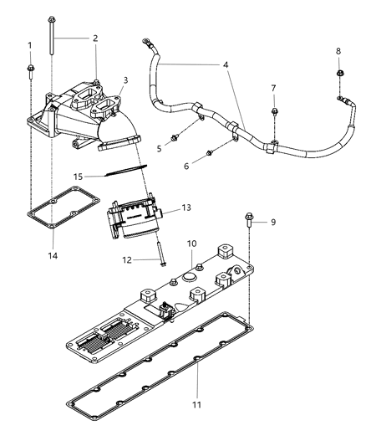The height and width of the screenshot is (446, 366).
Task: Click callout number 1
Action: pyautogui.click(x=29, y=44)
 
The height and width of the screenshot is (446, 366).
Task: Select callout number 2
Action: pyautogui.click(x=94, y=38)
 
